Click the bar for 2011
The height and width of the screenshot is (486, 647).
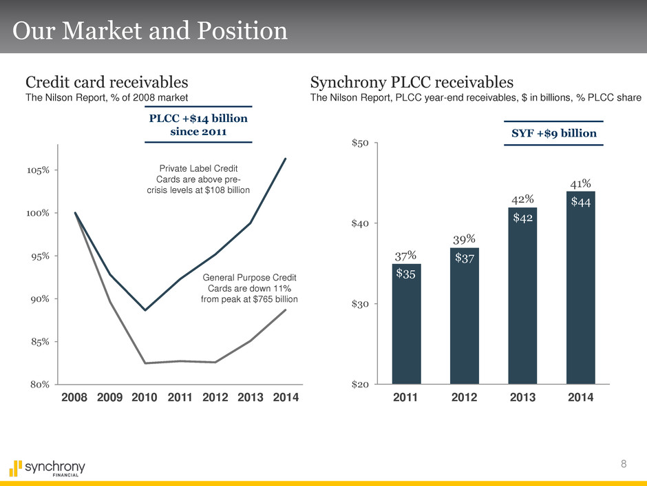pos(406,324)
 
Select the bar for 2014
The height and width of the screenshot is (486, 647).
pos(580,290)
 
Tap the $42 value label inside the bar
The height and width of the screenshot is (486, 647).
pos(522,217)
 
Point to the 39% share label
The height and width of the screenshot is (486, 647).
pos(465,239)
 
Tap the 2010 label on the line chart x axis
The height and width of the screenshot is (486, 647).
pos(145,398)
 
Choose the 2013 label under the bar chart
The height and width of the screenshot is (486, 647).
pos(522,398)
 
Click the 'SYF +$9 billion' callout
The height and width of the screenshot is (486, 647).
pos(553,132)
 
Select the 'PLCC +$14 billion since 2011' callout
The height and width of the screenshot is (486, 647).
pos(198,124)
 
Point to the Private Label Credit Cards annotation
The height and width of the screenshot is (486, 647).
pos(198,178)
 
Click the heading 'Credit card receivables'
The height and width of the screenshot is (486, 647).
pos(107,82)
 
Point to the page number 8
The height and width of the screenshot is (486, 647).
pos(624,463)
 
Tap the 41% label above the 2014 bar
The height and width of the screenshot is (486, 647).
pos(580,183)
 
